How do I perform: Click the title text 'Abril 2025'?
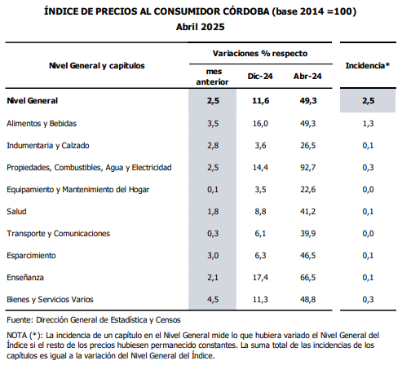201,27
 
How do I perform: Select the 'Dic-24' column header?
260,77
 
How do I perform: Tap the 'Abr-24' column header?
307,77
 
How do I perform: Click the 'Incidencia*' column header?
368,65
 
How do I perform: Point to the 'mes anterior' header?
213,77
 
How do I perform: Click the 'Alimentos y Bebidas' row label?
42,124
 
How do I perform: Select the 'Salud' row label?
16,212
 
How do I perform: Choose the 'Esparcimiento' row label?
31,256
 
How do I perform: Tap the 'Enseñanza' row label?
25,278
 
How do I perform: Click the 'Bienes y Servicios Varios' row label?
50,300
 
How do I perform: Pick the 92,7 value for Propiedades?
308,168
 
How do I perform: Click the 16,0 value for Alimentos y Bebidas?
260,124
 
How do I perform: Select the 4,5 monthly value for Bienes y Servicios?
213,300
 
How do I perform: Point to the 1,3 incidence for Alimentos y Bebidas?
368,124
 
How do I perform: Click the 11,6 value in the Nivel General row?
261,101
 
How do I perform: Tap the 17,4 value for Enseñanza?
260,278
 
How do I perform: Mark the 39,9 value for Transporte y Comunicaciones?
308,234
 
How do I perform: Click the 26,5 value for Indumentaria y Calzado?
308,146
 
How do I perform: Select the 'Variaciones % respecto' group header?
260,54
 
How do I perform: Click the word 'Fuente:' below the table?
20,320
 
